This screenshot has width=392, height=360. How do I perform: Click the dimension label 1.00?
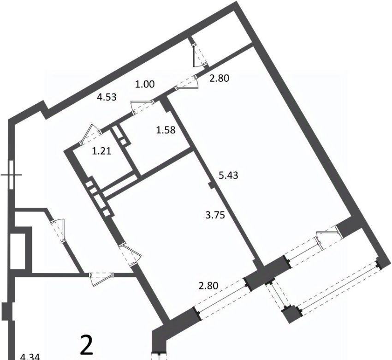coord(145,84)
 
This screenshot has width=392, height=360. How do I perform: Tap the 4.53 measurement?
coord(107,97)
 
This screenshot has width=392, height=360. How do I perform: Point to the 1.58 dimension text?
coord(166,130)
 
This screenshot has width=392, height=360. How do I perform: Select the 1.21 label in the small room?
coord(101,151)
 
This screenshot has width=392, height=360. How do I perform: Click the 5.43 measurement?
coord(228,175)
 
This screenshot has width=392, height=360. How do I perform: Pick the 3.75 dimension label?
coord(215,215)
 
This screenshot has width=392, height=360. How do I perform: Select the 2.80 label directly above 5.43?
coord(219,78)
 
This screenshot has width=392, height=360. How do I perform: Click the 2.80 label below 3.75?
coord(208,285)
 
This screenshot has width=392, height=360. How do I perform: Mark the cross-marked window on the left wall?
coord(11,174)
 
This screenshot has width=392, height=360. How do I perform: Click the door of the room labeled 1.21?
coord(90,135)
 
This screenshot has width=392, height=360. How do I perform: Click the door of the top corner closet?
coord(200,55)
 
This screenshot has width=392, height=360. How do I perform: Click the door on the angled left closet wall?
coord(58,231)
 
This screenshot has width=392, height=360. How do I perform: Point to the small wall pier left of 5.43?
coord(211,186)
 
